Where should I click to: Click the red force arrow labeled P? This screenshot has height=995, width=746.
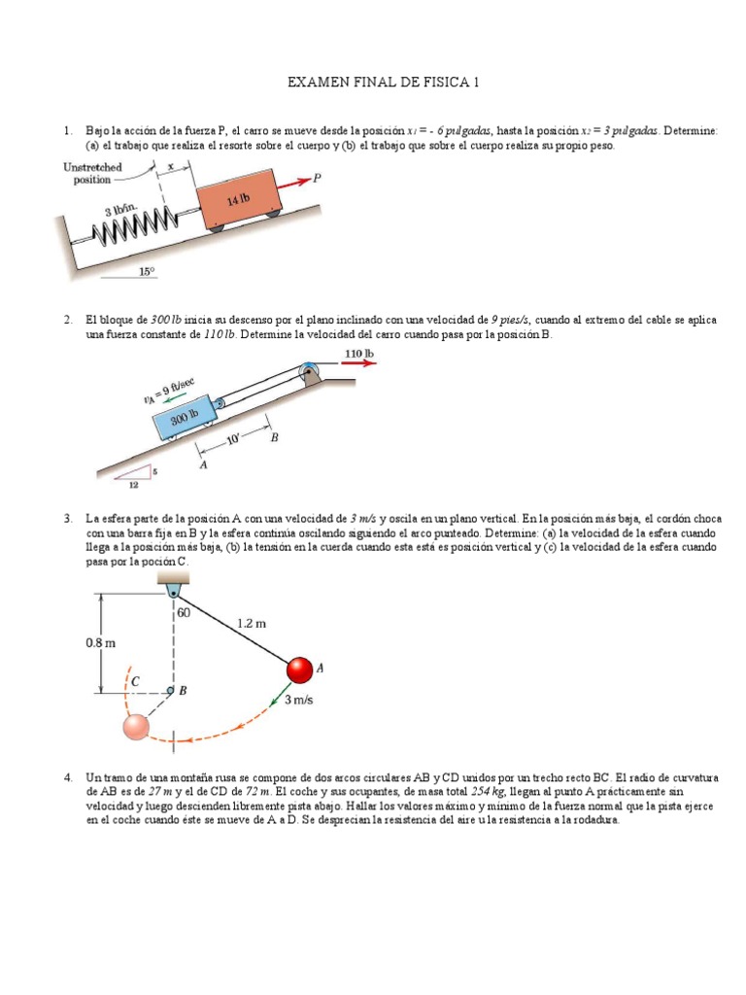click(x=292, y=180)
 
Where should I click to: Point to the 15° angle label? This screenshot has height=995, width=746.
click(x=146, y=273)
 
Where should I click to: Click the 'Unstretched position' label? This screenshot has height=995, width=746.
click(x=93, y=173)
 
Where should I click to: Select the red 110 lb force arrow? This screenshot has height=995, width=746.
click(x=357, y=364)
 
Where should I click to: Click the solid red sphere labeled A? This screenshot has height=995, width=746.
click(x=299, y=669)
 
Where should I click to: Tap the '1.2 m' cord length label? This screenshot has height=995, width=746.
click(x=251, y=625)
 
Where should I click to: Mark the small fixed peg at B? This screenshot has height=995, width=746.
click(x=170, y=690)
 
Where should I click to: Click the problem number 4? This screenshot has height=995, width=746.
click(x=68, y=778)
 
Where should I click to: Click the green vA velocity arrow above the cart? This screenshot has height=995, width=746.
click(x=176, y=396)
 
